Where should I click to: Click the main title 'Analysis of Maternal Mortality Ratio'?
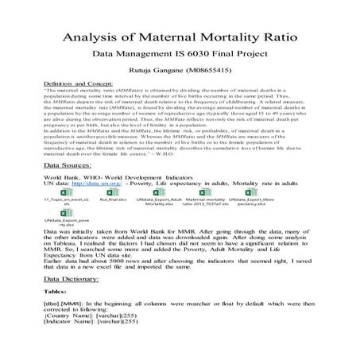pyautogui.click(x=180, y=37)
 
